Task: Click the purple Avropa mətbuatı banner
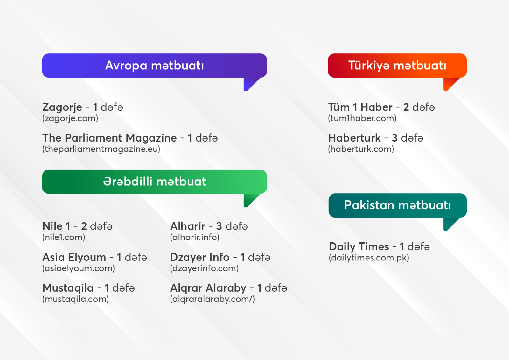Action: tap(155, 66)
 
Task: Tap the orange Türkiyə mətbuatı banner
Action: tap(397, 66)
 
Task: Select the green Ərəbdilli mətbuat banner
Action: tap(155, 182)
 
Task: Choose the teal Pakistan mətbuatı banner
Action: tap(398, 205)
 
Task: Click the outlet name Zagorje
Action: tap(62, 107)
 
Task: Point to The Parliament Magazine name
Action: tap(109, 138)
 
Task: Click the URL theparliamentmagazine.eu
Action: tap(101, 149)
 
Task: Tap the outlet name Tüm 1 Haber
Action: tap(360, 107)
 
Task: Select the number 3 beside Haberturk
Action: tap(394, 138)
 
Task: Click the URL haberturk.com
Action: tap(361, 149)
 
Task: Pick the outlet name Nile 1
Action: tap(56, 226)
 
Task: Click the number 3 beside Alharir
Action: tap(219, 226)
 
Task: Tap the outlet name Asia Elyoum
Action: tap(74, 257)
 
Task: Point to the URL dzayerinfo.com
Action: tap(205, 268)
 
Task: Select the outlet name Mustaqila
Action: tap(68, 288)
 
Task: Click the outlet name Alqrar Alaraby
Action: tap(208, 288)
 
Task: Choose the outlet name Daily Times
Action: tap(359, 247)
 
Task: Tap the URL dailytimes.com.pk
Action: tap(369, 258)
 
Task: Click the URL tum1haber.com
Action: tap(362, 118)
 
